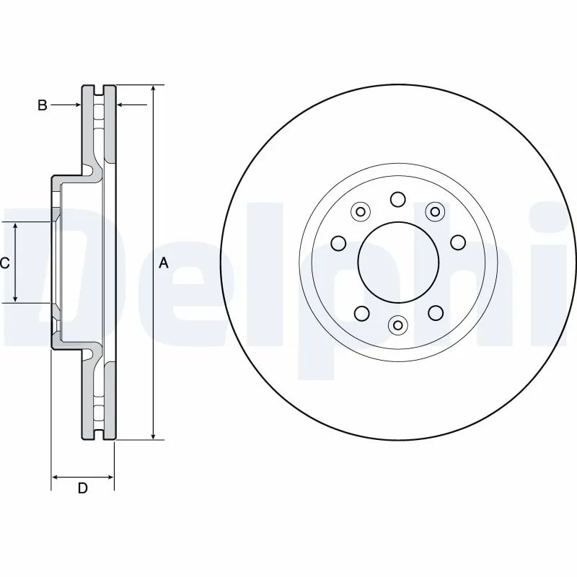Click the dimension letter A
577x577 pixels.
coord(164,263)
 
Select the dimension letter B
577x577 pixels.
coord(43,105)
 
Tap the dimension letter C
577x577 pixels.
coord(4,263)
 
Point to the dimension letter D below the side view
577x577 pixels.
coord(82,488)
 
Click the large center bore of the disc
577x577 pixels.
coord(398,260)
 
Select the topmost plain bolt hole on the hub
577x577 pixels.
coord(397,198)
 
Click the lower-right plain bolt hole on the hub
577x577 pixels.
coord(435,312)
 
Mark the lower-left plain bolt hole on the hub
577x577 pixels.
coord(361,312)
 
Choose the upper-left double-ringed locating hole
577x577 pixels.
coord(361,211)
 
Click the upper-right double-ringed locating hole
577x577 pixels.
coord(434,211)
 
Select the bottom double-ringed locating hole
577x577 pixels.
coord(397,325)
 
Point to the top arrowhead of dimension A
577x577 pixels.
coord(153,89)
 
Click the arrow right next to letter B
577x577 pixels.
coord(72,105)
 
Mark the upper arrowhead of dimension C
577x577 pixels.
coord(16,226)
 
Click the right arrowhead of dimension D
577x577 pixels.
coord(110,477)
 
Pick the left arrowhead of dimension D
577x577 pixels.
coord(56,477)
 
